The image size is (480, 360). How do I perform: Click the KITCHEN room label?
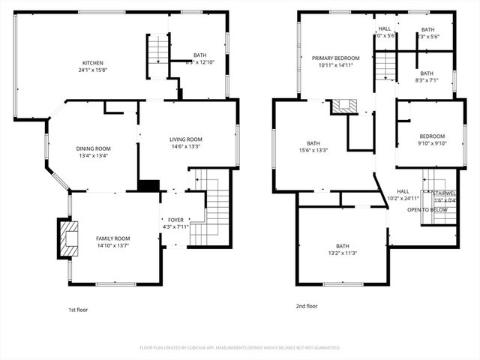coord(93,63)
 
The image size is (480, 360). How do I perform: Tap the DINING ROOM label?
coord(93,148)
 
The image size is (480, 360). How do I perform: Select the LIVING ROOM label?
coord(185,139)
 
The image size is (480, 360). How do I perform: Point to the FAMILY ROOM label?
coord(112,238)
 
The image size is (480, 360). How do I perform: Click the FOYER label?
coord(175,220)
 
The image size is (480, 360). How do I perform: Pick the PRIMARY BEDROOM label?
coord(335,58)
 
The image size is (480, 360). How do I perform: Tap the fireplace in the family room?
coord(67,238)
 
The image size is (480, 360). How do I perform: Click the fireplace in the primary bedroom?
coord(346,106)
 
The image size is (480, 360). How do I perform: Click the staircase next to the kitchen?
coord(158,55)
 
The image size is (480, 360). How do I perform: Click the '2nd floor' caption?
coord(307,306)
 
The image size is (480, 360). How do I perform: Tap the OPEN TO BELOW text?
coord(427,210)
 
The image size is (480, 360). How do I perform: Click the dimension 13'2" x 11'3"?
coord(342,253)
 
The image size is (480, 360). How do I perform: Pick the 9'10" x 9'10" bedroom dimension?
coord(432,143)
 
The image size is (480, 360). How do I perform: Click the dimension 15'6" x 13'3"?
coord(313,151)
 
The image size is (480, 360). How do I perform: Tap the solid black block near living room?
coord(149,185)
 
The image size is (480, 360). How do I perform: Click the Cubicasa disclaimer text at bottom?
coord(240,348)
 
